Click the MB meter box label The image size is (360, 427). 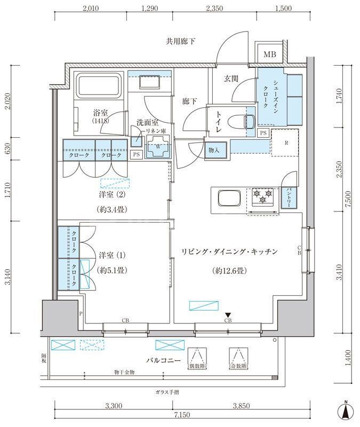pyautogui.click(x=270, y=54)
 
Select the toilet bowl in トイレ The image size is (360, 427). pyautogui.click(x=247, y=121)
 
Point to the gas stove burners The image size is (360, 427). pyautogui.click(x=261, y=197)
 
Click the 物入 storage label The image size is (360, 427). pyautogui.click(x=214, y=151)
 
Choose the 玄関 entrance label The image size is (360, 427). pyautogui.click(x=230, y=79)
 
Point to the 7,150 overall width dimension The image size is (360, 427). pyautogui.click(x=179, y=415)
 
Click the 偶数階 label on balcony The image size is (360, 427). pyautogui.click(x=197, y=367)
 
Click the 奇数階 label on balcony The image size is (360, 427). pyautogui.click(x=238, y=367)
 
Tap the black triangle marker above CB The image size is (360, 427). pyautogui.click(x=228, y=314)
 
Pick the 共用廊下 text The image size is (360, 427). pyautogui.click(x=180, y=41)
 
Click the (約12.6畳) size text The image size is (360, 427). pyautogui.click(x=228, y=271)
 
